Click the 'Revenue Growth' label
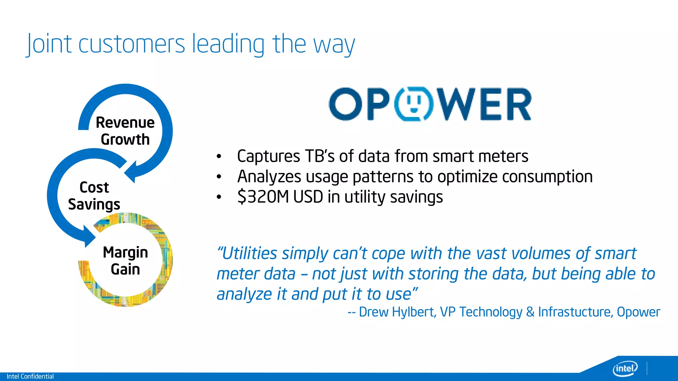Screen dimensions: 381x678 125,131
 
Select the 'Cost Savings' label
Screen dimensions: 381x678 94,196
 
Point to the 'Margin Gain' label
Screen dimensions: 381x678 125,261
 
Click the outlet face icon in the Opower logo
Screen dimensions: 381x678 413,104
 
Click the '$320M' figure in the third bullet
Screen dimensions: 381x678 264,197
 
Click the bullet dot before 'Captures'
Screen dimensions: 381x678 219,157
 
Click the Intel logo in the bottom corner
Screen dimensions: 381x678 625,368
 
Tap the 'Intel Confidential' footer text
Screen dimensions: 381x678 30,376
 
